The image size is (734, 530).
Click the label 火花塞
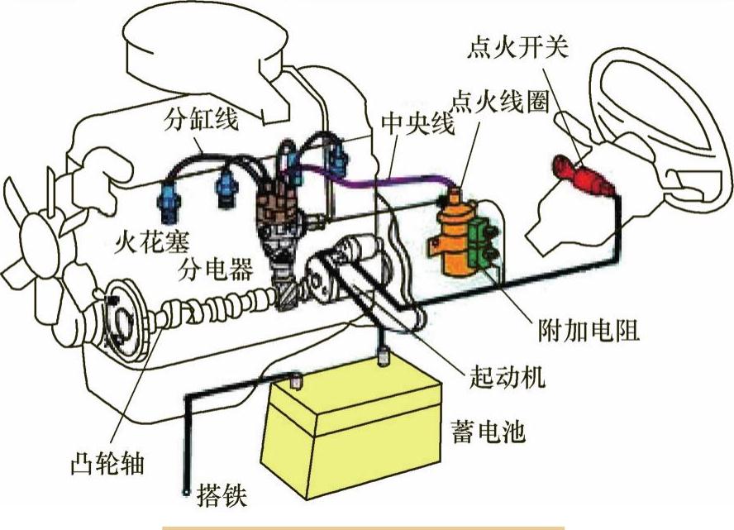coord(151,240)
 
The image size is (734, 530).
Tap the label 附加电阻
coord(589,331)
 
